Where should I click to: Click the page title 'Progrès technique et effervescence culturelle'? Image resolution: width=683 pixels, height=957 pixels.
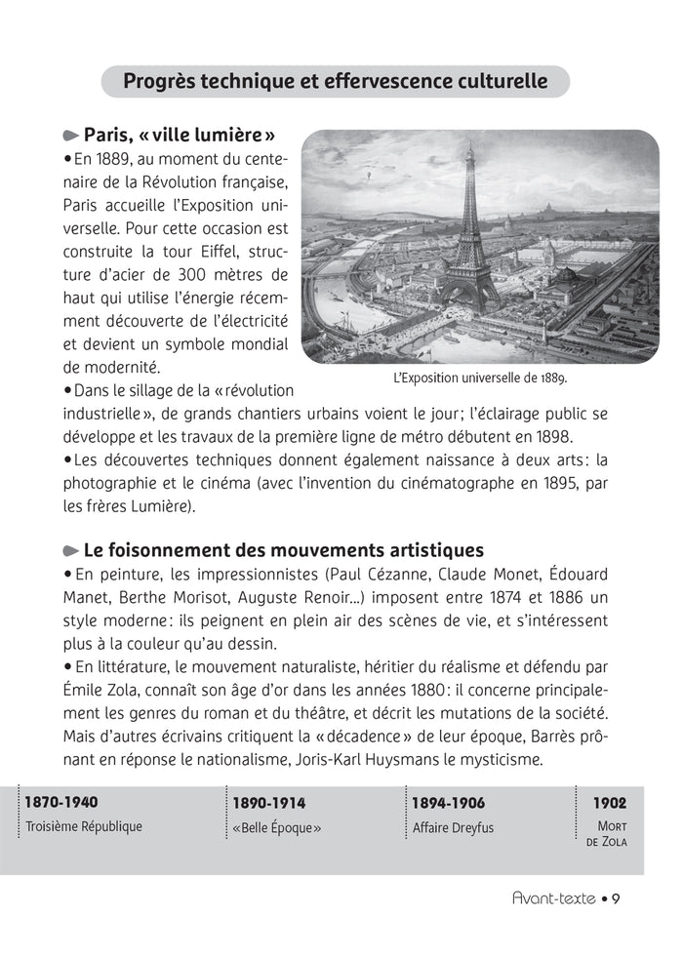(335, 82)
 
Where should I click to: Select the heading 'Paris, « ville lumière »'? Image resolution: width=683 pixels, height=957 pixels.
(180, 135)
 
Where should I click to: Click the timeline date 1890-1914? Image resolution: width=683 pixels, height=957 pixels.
(268, 803)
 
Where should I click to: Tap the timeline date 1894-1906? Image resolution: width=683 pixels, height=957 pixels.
(448, 803)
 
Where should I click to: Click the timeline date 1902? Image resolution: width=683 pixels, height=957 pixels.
(610, 803)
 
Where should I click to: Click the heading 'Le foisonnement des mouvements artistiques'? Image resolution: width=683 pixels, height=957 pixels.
(283, 551)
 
